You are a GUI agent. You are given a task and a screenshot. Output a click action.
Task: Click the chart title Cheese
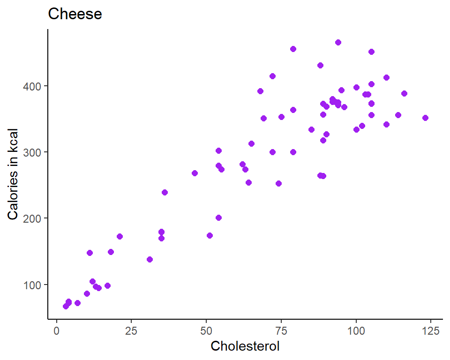[x=75, y=14]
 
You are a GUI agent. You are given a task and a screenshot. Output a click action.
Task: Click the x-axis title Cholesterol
[x=245, y=346]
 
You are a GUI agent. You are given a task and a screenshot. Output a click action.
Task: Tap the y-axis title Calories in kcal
[x=13, y=174]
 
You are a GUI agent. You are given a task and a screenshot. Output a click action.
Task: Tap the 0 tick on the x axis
[x=57, y=330]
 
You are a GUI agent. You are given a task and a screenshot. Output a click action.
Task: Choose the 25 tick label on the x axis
[x=131, y=330]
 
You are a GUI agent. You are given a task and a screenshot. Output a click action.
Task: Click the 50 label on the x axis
[x=206, y=330]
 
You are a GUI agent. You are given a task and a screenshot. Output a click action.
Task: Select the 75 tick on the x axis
[x=281, y=330]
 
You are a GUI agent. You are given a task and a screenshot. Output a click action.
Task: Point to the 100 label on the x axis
[x=356, y=330]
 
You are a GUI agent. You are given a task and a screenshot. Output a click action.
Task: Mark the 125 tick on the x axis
[x=431, y=330]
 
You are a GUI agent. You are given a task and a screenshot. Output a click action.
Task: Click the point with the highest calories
[x=338, y=43]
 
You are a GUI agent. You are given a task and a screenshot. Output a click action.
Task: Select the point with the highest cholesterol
[x=425, y=118]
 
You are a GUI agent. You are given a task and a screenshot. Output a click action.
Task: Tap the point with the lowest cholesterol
[x=66, y=306]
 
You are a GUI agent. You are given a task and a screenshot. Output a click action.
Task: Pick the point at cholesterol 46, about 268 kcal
[x=195, y=173]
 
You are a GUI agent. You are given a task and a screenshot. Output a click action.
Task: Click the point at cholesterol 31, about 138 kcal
[x=150, y=259]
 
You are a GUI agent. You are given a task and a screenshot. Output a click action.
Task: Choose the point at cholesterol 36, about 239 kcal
[x=165, y=193]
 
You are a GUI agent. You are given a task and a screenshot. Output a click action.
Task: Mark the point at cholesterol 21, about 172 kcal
[x=120, y=237]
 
